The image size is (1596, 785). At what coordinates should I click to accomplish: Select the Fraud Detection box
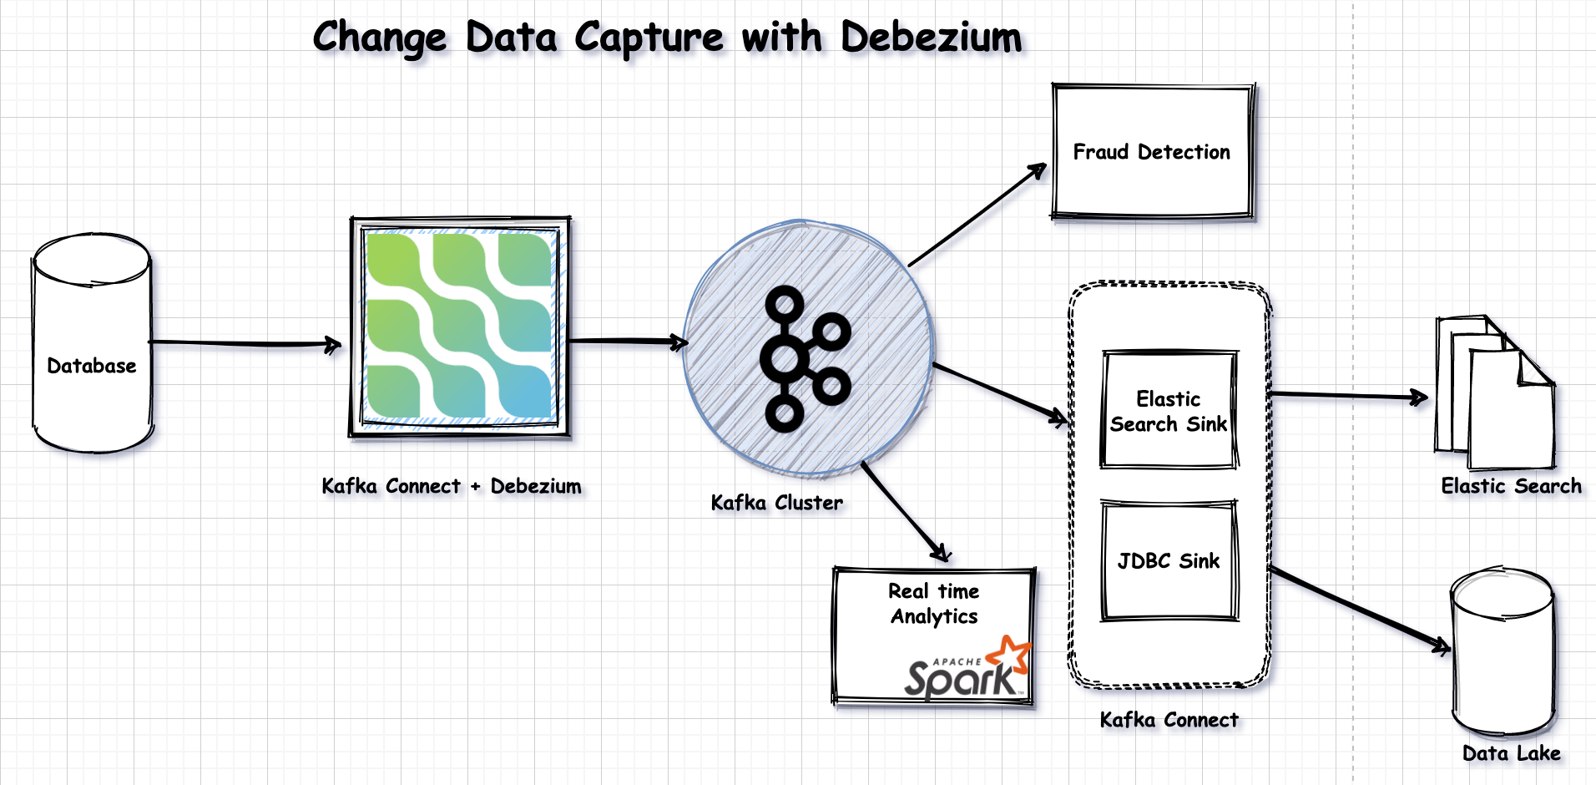click(x=1152, y=152)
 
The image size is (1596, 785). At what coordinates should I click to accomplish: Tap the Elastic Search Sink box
click(x=1169, y=411)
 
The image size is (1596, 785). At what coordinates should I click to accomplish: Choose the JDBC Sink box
click(x=1169, y=561)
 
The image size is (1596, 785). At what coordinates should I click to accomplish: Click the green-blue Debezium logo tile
click(x=459, y=326)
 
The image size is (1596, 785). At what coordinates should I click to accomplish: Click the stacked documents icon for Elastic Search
click(x=1494, y=392)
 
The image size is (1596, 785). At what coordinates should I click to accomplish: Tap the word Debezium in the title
click(x=931, y=38)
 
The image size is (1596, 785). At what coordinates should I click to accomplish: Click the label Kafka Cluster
click(x=776, y=503)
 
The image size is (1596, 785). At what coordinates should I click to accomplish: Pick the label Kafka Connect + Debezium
click(x=451, y=486)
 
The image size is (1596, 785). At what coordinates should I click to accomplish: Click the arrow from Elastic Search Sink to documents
click(x=1344, y=396)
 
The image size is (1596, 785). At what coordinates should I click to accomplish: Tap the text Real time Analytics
click(x=934, y=604)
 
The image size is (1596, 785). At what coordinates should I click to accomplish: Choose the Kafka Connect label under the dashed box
click(x=1169, y=720)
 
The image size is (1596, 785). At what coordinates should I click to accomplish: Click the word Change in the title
click(x=381, y=38)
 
